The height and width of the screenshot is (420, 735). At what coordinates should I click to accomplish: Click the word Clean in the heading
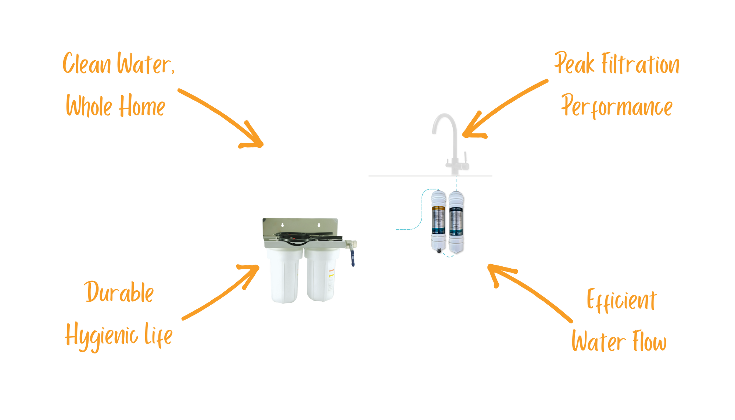86,64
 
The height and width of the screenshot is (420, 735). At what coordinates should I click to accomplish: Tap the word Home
141,106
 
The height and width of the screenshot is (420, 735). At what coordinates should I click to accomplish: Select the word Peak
574,64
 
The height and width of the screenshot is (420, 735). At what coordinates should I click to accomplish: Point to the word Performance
617,107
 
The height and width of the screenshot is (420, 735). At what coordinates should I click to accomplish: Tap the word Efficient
621,301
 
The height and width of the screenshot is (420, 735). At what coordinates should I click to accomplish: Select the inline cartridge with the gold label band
438,220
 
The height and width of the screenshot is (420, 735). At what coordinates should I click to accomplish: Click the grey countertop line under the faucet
404,176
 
